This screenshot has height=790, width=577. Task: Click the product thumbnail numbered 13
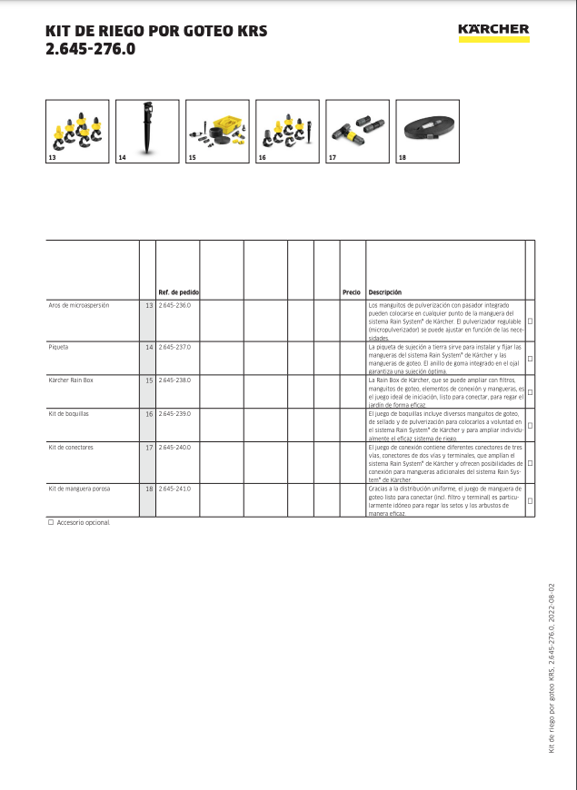click(x=77, y=131)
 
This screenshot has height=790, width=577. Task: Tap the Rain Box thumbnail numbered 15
click(x=217, y=131)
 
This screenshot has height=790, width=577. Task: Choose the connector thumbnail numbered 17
click(x=357, y=131)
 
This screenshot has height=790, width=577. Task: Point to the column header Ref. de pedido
click(x=178, y=292)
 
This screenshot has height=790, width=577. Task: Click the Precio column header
click(x=351, y=292)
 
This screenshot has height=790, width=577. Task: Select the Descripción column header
click(x=385, y=292)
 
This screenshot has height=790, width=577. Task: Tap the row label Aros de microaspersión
click(x=79, y=306)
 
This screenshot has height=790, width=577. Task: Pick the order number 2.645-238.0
click(x=174, y=380)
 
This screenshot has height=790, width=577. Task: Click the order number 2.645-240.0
click(x=174, y=448)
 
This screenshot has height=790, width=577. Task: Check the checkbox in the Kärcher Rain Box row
click(x=530, y=393)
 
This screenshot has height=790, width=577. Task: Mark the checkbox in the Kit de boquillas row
click(x=530, y=425)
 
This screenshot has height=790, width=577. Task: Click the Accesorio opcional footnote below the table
click(x=83, y=523)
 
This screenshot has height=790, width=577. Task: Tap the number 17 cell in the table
click(x=148, y=448)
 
